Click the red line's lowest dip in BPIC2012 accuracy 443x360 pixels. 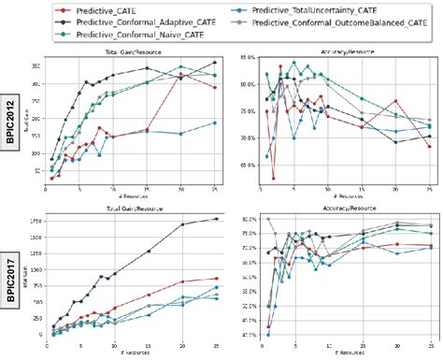[x=274, y=177]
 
